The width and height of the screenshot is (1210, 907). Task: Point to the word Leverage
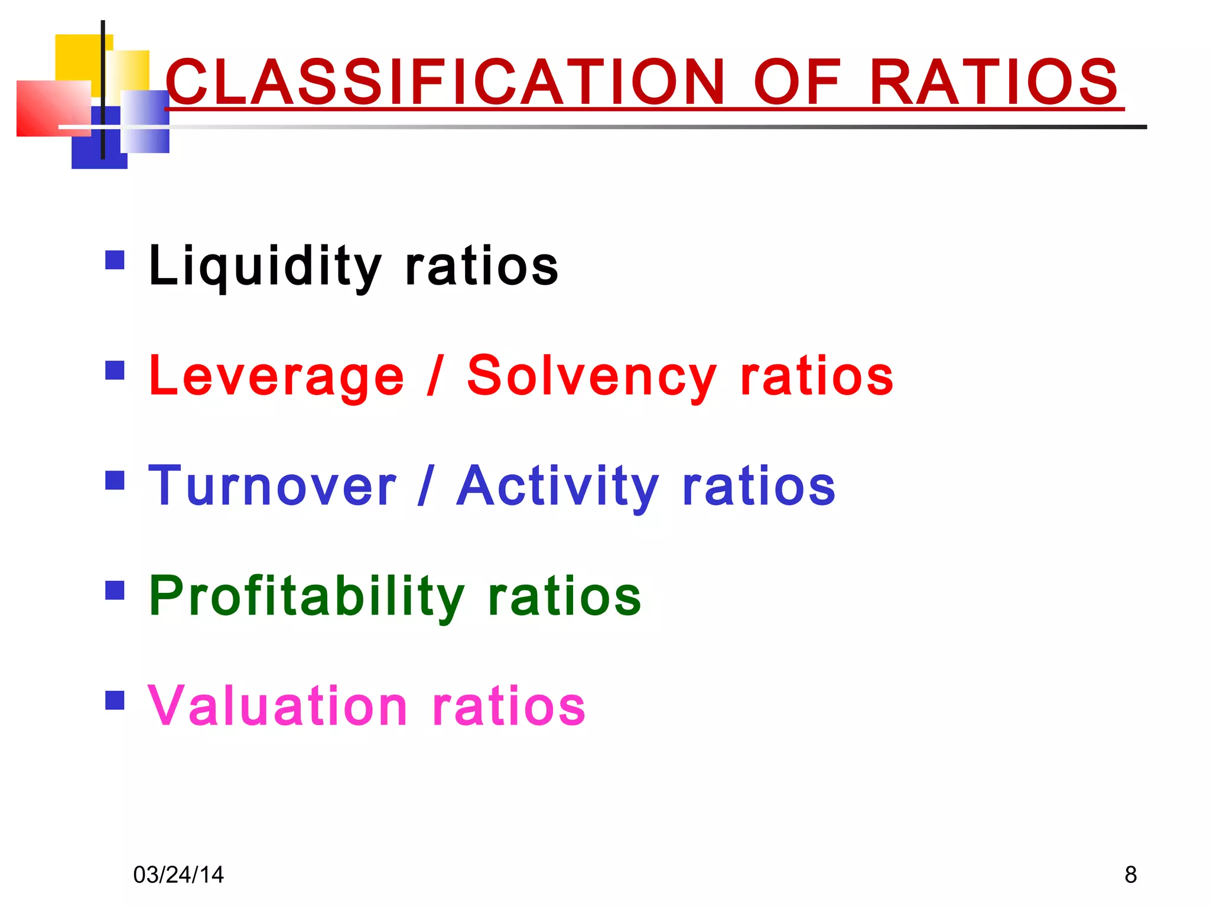pyautogui.click(x=277, y=377)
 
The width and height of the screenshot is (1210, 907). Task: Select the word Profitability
pyautogui.click(x=307, y=596)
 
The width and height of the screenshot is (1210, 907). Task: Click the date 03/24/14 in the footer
pyautogui.click(x=178, y=875)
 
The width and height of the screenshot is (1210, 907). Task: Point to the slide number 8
pyautogui.click(x=1130, y=875)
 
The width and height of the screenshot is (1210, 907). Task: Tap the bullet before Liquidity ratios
pyautogui.click(x=115, y=260)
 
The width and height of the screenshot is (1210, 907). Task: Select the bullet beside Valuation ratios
pyautogui.click(x=115, y=700)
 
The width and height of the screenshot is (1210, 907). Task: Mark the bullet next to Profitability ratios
pyautogui.click(x=115, y=590)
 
